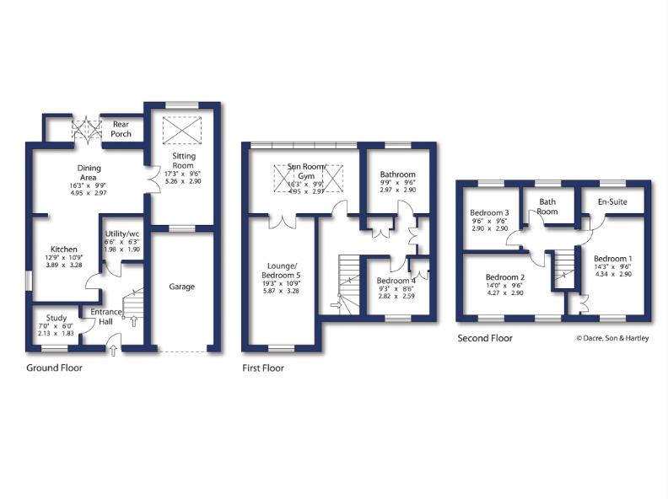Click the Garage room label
(181, 287)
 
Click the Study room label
(56, 319)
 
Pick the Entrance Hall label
(106, 317)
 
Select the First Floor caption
(262, 368)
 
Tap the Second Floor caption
(484, 338)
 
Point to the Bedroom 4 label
(396, 281)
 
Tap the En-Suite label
(611, 202)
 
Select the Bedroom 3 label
(489, 212)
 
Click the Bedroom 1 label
(613, 258)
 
